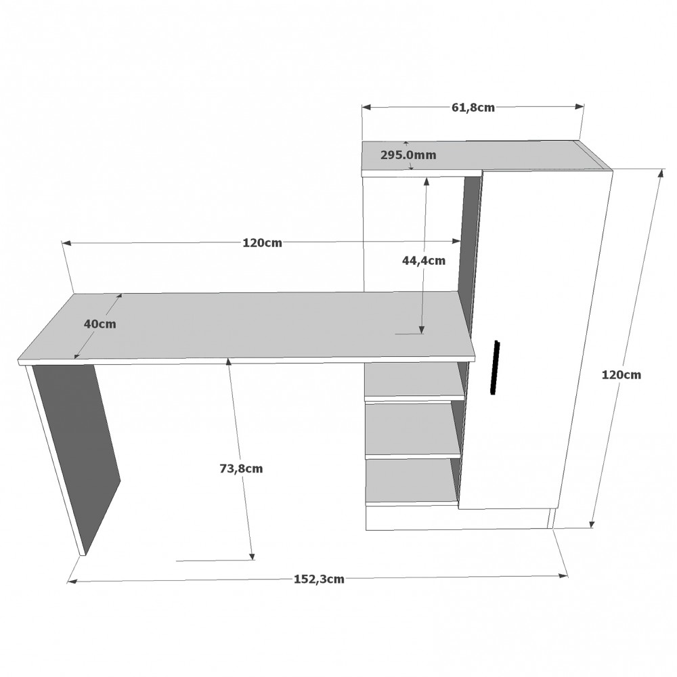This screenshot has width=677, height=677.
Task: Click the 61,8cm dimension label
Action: pyautogui.click(x=473, y=108)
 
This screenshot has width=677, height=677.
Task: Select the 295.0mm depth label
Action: pyautogui.click(x=408, y=155)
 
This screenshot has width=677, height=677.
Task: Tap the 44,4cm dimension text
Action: pyautogui.click(x=424, y=261)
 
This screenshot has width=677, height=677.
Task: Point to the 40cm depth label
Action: pyautogui.click(x=100, y=324)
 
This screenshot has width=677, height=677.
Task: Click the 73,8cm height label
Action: pyautogui.click(x=241, y=468)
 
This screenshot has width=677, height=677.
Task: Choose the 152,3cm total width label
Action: pyautogui.click(x=319, y=579)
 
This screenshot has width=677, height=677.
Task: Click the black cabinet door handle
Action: pyautogui.click(x=495, y=368)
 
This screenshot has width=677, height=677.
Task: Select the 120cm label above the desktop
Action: pyautogui.click(x=262, y=242)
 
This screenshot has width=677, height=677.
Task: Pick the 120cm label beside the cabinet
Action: pyautogui.click(x=621, y=375)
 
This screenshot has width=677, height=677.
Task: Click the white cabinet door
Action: pyautogui.click(x=536, y=339)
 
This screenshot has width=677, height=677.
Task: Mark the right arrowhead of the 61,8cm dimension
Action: pyautogui.click(x=580, y=107)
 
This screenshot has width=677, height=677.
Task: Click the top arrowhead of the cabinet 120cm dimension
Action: pyautogui.click(x=661, y=173)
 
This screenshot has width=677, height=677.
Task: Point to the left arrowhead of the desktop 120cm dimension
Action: pyautogui.click(x=66, y=244)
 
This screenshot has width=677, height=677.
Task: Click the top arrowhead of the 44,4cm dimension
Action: pyautogui.click(x=427, y=181)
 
